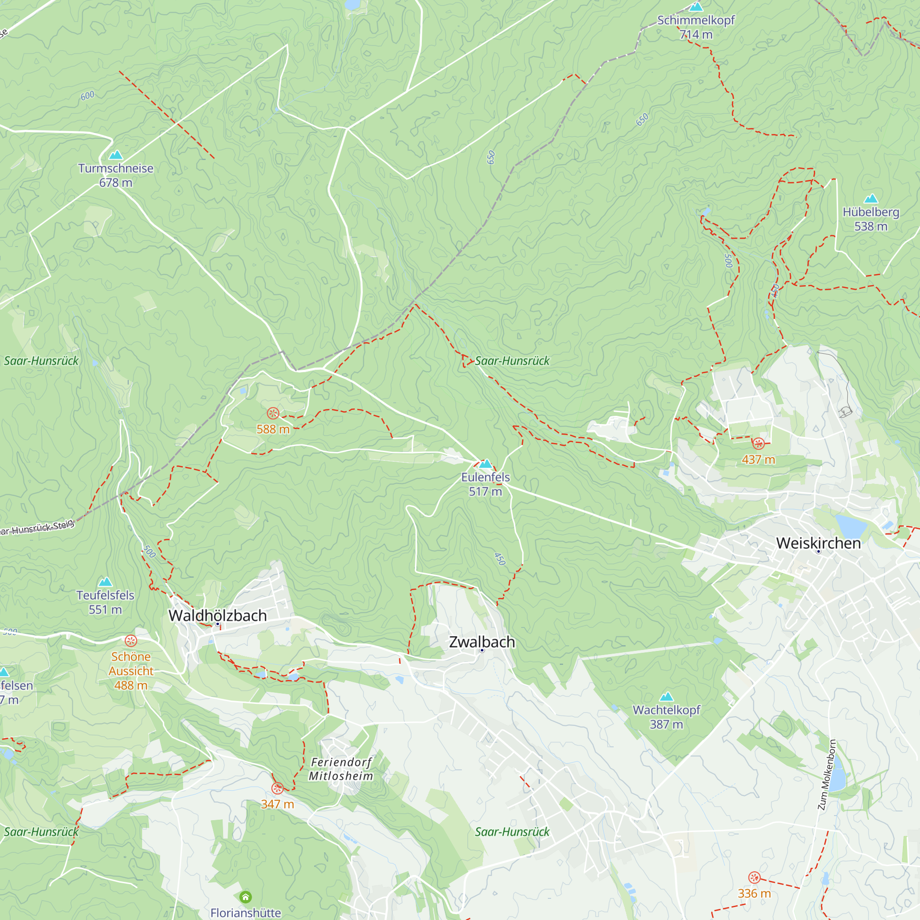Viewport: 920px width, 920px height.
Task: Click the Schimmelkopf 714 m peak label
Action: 696,27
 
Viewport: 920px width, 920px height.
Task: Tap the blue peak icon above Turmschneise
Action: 116,155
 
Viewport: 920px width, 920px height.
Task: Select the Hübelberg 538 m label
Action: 870,219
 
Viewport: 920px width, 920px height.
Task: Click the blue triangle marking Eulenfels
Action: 485,464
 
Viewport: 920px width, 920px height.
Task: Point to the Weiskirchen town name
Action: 818,543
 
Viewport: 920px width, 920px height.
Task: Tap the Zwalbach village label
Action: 482,642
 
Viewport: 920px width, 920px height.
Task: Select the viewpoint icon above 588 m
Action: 273,414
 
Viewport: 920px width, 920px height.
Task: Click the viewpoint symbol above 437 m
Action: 758,444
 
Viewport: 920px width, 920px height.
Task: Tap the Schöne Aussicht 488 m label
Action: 131,671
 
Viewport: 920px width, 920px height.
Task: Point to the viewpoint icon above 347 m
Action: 277,788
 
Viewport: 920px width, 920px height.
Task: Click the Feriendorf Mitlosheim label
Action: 341,769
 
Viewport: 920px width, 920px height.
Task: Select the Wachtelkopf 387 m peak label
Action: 666,717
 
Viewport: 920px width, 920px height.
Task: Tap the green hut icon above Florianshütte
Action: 246,897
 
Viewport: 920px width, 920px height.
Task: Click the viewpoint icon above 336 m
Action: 754,878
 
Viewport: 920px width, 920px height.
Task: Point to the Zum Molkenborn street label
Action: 827,775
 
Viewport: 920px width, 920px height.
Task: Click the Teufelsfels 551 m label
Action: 105,603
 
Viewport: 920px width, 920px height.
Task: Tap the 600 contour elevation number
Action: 87,96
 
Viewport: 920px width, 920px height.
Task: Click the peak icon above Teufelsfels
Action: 105,582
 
